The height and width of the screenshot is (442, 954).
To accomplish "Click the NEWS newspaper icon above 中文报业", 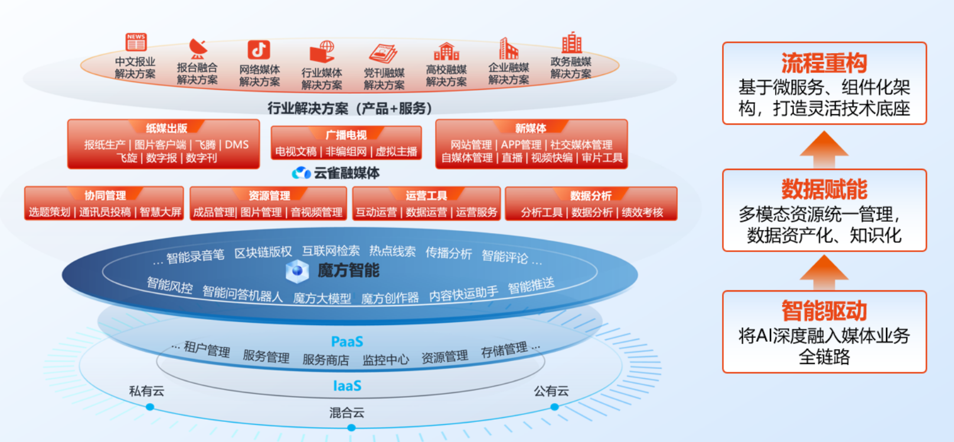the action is [x=136, y=42].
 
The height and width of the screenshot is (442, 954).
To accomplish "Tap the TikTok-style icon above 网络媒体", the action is [x=259, y=50].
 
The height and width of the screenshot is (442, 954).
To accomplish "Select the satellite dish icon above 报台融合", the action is [x=198, y=48].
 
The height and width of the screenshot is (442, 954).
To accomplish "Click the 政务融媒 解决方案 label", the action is [x=571, y=68].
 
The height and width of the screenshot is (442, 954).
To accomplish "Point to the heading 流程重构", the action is [x=824, y=63].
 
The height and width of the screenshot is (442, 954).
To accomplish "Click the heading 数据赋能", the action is [x=824, y=189].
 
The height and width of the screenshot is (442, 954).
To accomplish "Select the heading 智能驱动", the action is [x=824, y=311].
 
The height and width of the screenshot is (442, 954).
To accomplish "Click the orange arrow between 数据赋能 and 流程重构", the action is [x=824, y=149].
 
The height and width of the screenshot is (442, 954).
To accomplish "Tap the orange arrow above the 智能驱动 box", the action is [x=824, y=273].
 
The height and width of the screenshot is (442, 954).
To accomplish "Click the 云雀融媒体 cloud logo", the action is [x=301, y=173].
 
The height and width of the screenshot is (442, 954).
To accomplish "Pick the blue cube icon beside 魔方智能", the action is [x=297, y=271].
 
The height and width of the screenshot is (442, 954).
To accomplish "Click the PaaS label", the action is [x=347, y=342].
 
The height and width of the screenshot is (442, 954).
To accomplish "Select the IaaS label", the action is [x=347, y=386].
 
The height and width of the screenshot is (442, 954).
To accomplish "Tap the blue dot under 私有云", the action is [x=150, y=407].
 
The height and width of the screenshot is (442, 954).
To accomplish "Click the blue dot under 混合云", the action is [x=351, y=427].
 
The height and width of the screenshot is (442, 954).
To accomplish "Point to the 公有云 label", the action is [x=551, y=391].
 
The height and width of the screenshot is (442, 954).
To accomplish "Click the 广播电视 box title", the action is [x=346, y=135].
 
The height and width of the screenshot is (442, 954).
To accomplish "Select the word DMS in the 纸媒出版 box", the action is [x=237, y=145].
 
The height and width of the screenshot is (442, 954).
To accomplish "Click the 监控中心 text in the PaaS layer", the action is [x=385, y=360].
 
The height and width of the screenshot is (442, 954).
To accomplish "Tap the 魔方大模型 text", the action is [x=322, y=298].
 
